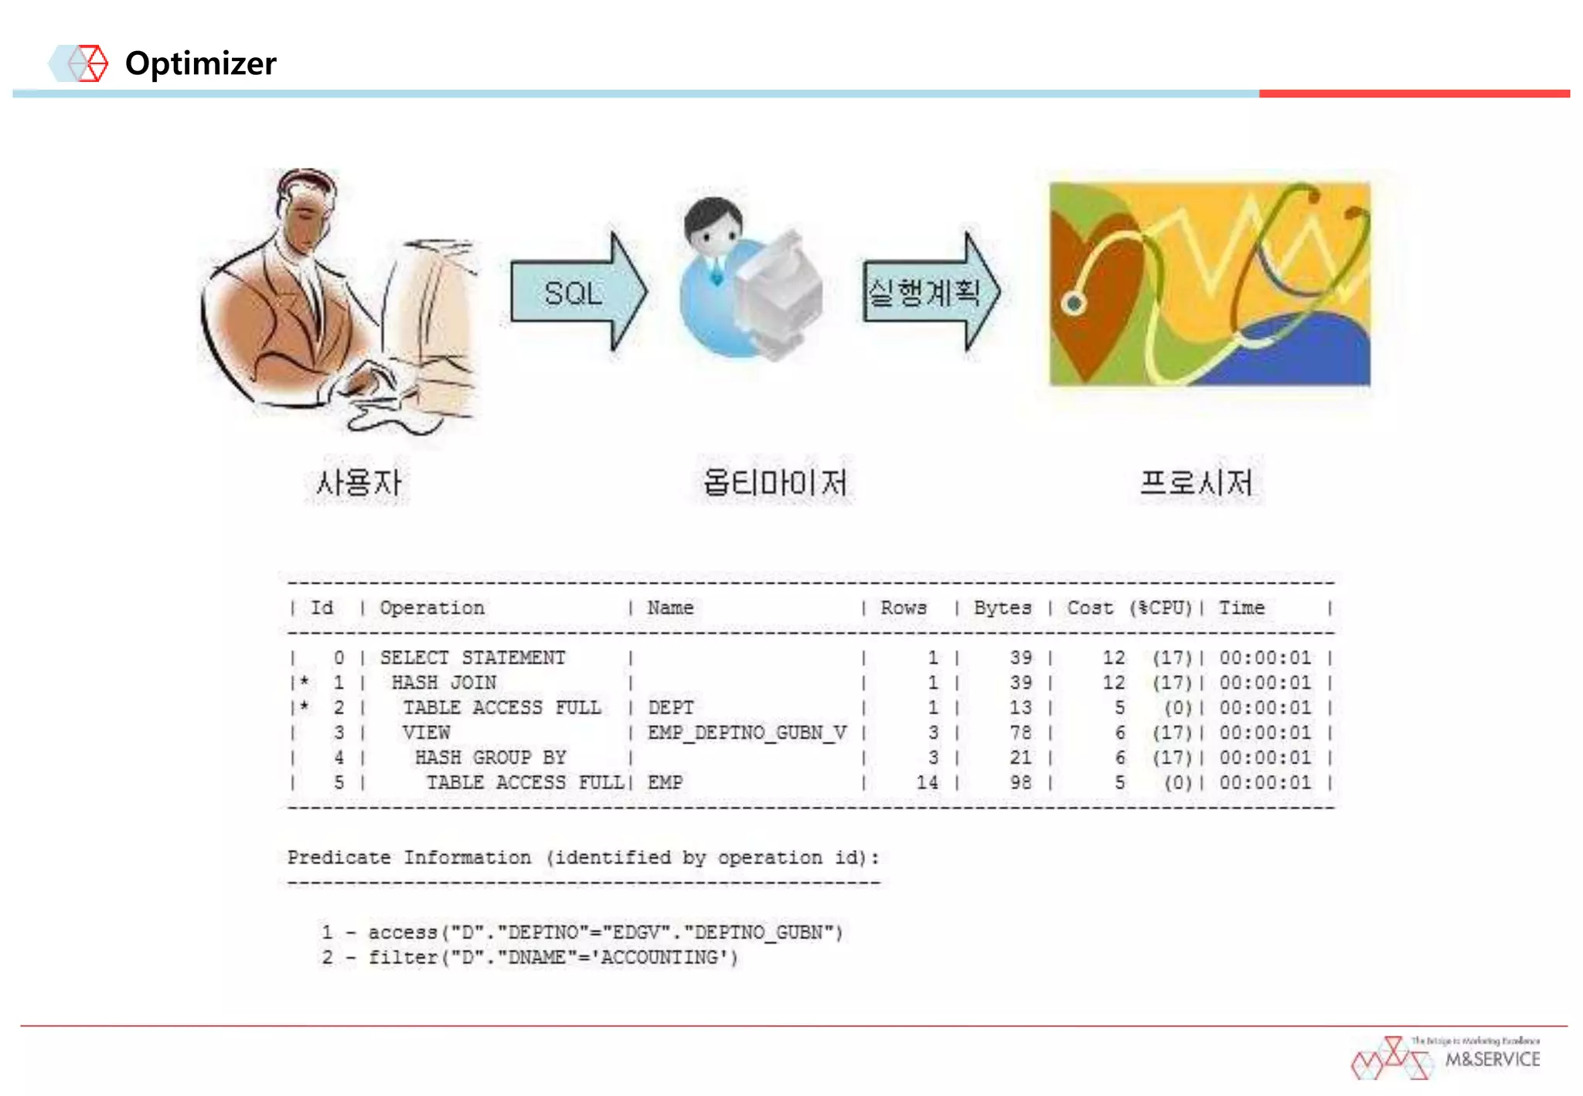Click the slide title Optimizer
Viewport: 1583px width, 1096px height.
coord(200,63)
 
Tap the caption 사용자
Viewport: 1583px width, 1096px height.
coord(358,483)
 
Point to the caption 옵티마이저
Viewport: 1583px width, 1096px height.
coord(774,483)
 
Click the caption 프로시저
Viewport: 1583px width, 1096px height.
coord(1196,483)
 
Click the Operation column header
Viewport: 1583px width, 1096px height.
coord(432,608)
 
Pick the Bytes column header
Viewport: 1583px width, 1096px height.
coord(1002,608)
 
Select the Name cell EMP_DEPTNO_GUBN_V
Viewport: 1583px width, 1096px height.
coord(747,732)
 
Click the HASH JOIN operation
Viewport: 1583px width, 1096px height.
coord(444,682)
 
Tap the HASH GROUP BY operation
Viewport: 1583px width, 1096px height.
coord(490,757)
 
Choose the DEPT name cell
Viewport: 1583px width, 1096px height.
coord(670,707)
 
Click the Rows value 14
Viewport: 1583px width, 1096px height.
coord(927,782)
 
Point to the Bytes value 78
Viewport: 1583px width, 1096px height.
coord(1020,732)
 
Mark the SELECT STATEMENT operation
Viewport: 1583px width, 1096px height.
coord(472,658)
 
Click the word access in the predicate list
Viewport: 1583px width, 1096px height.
coord(402,932)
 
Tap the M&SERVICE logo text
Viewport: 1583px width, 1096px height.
coord(1492,1059)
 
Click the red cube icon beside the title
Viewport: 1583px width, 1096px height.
coord(92,63)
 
